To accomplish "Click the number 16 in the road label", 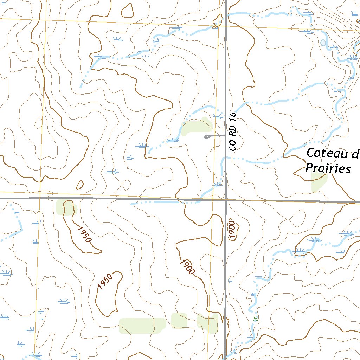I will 232,116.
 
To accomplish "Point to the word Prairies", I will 328,168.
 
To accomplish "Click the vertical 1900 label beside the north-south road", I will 232,230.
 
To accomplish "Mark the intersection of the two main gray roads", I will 226,200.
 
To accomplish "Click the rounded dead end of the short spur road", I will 206,137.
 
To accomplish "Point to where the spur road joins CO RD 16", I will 225,135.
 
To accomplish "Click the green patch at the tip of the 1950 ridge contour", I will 65,207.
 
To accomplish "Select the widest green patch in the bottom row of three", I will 142,326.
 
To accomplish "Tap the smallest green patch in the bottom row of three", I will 179,320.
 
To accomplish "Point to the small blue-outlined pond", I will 323,43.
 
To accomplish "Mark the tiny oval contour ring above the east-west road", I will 80,185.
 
